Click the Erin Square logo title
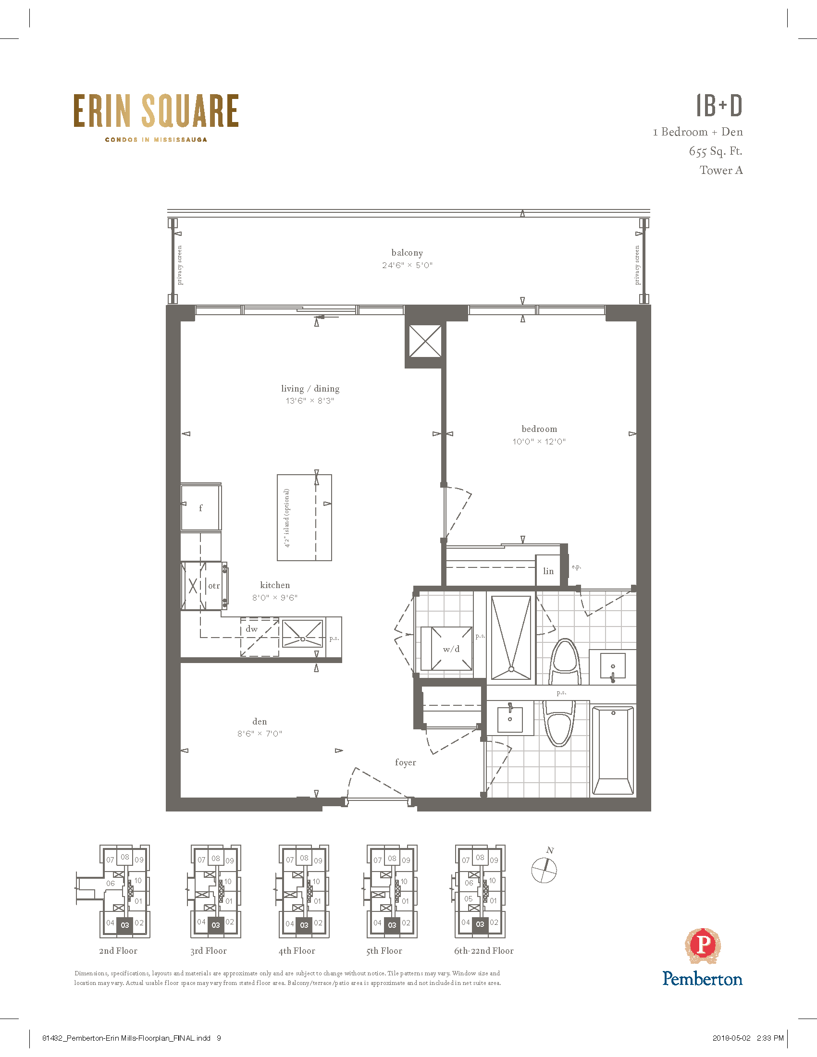point(156,111)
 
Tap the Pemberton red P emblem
point(703,946)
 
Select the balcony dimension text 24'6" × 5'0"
point(407,265)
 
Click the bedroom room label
point(539,429)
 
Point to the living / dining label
point(310,388)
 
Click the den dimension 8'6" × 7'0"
point(260,733)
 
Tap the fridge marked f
point(201,507)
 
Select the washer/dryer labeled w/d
point(451,649)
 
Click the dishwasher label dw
point(252,629)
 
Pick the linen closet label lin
point(548,571)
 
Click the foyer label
point(406,762)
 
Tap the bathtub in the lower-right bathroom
point(613,750)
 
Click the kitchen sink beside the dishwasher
point(302,633)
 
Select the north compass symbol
point(544,870)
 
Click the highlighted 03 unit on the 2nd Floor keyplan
point(125,924)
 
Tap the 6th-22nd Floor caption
point(484,950)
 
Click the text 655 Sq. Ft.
point(716,151)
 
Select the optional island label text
point(287,518)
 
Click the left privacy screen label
point(180,265)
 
